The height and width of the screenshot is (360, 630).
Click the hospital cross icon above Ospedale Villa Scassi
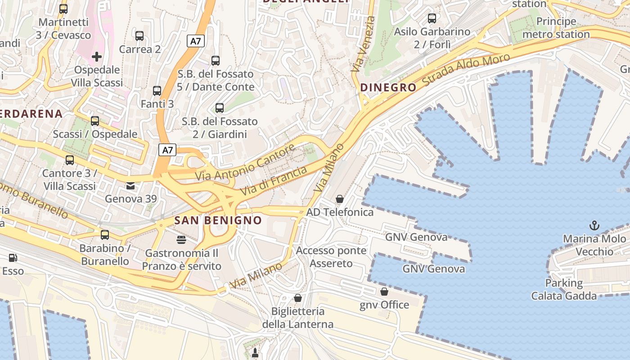tap(96, 57)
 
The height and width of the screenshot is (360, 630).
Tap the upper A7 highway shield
tap(196, 41)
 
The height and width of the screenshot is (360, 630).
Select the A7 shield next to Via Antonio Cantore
tap(167, 150)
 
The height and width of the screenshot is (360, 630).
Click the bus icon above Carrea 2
tap(139, 36)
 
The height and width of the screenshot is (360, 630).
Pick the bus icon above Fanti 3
tap(157, 91)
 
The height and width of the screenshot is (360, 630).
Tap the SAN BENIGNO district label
tap(218, 220)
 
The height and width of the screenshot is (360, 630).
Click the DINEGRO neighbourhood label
tap(388, 87)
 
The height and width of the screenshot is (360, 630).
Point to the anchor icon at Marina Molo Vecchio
tap(594, 225)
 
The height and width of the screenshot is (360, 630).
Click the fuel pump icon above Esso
tap(13, 258)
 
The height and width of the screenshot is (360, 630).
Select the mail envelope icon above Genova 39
tap(130, 185)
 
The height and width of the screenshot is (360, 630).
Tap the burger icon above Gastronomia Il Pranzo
tap(181, 239)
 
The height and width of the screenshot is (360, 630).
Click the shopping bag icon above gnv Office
tap(384, 292)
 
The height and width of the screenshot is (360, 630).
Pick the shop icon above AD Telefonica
tap(340, 199)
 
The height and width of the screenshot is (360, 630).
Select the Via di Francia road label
tap(274, 180)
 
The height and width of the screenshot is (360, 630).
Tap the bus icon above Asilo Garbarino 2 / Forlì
tap(432, 18)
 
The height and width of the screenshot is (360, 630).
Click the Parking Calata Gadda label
tap(564, 289)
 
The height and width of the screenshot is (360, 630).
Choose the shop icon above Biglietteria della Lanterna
tap(297, 298)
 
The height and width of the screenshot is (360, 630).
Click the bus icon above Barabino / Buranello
tap(105, 235)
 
